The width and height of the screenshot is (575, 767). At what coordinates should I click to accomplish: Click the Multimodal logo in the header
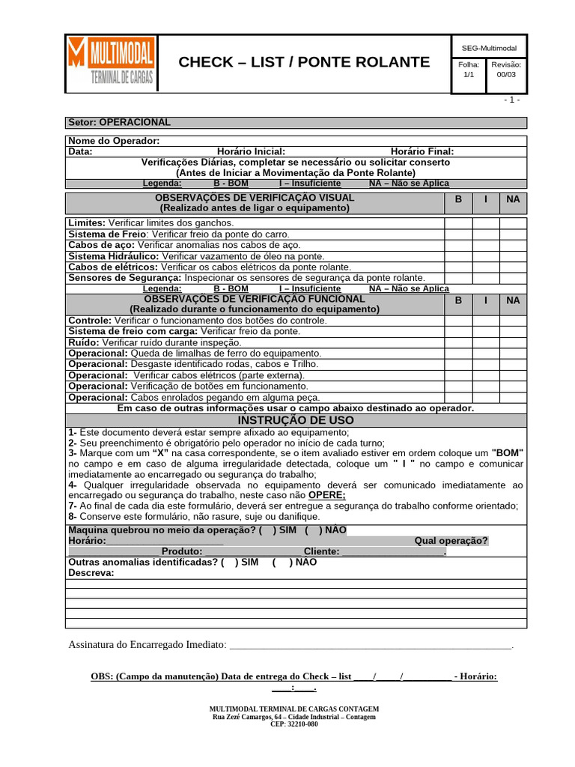pyautogui.click(x=111, y=64)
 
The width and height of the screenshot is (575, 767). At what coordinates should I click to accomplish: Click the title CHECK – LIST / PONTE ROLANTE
pyautogui.click(x=304, y=62)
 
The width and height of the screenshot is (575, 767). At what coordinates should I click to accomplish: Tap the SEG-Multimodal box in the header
pyautogui.click(x=489, y=48)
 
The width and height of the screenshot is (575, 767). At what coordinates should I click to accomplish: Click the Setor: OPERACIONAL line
pyautogui.click(x=120, y=122)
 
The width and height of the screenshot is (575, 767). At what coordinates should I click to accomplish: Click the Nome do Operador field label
pyautogui.click(x=114, y=141)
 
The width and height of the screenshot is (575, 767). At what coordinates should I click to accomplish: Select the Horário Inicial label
pyautogui.click(x=251, y=151)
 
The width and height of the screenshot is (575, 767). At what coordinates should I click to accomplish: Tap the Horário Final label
pyautogui.click(x=422, y=151)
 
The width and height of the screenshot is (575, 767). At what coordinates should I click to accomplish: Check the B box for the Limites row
pyautogui.click(x=458, y=223)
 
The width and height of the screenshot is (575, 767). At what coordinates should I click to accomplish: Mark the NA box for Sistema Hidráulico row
pyautogui.click(x=513, y=256)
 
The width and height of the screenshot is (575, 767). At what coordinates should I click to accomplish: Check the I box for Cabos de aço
pyautogui.click(x=486, y=245)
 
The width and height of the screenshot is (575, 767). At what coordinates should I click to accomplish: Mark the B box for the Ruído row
pyautogui.click(x=458, y=342)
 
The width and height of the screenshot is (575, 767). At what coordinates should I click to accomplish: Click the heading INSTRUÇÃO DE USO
pyautogui.click(x=296, y=421)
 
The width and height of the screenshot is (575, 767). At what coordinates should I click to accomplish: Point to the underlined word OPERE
pyautogui.click(x=327, y=495)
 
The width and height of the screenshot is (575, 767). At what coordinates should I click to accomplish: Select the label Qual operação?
pyautogui.click(x=451, y=541)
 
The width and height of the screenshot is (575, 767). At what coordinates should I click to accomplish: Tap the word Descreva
pyautogui.click(x=91, y=573)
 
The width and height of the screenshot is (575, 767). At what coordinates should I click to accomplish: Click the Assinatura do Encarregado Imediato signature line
pyautogui.click(x=370, y=645)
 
